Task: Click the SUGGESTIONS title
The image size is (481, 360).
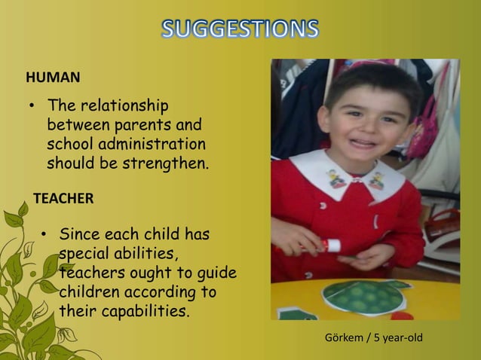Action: point(240,29)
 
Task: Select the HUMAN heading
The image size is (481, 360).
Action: point(53,77)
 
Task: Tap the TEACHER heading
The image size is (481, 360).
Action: point(63,199)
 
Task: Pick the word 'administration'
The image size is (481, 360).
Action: point(156,143)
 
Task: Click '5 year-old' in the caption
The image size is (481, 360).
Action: point(397,337)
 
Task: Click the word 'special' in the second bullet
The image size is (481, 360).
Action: point(85,253)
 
